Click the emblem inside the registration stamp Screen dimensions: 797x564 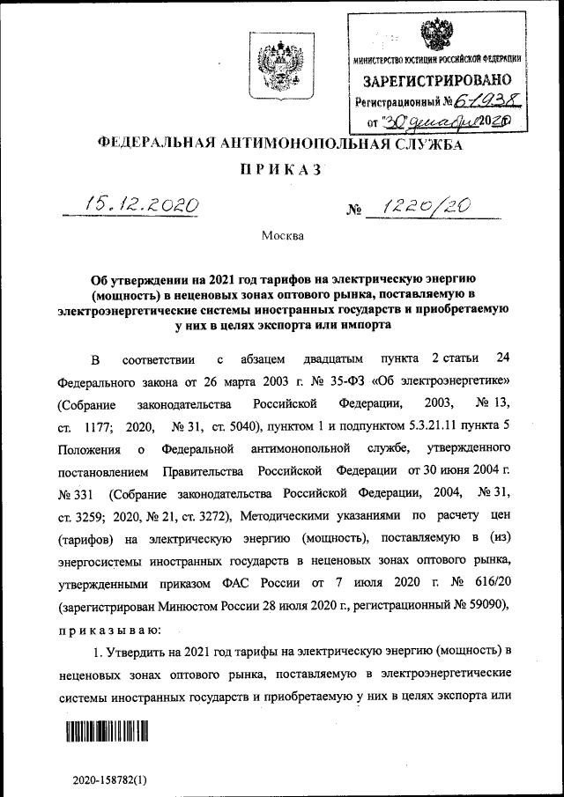434,33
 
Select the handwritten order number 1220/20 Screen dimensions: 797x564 420,206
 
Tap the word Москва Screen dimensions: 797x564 282,235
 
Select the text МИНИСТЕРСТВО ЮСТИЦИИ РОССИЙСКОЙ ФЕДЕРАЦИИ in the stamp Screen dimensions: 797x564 435,59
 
